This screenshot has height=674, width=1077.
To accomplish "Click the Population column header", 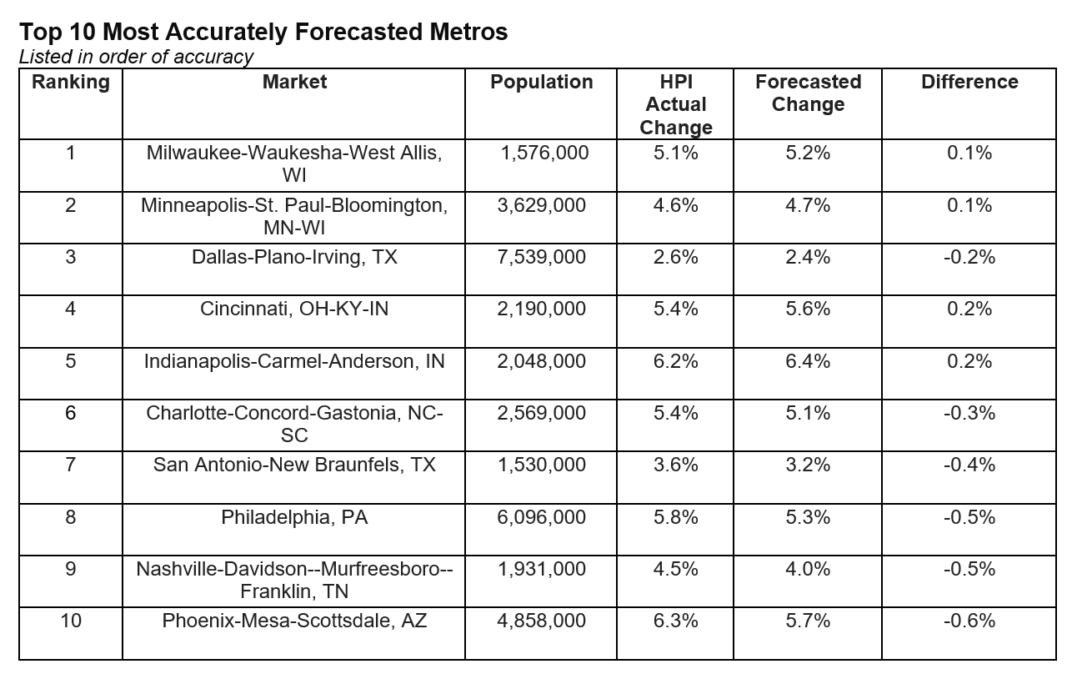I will (541, 82).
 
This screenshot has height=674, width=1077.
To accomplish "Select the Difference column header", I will (969, 82).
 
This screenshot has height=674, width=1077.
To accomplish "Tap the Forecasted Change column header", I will (808, 93).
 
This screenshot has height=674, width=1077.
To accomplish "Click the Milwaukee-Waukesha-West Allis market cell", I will (294, 164).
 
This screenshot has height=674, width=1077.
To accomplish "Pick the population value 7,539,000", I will (541, 257).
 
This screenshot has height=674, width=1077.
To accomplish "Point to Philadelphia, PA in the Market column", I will (294, 517).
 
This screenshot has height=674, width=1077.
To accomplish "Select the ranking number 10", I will (71, 621).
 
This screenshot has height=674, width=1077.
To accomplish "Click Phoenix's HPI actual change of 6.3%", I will (675, 621).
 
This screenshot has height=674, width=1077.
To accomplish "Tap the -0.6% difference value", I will (969, 621).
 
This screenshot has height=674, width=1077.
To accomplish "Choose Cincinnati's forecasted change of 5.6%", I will (808, 309).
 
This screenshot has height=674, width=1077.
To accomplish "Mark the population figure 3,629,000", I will (541, 205).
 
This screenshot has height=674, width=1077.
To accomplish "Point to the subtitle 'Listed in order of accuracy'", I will (136, 57).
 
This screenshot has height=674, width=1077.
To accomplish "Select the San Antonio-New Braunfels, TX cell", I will (294, 465).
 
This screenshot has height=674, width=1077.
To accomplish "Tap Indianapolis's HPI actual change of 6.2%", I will (675, 361).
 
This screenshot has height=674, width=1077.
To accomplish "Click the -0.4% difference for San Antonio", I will (969, 465).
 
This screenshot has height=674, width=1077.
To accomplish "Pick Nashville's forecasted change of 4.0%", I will (808, 569).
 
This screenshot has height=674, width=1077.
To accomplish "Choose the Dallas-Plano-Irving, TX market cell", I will (294, 257).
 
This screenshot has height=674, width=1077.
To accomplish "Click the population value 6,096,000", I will (541, 517).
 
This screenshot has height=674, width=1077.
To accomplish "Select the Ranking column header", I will (71, 82).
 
